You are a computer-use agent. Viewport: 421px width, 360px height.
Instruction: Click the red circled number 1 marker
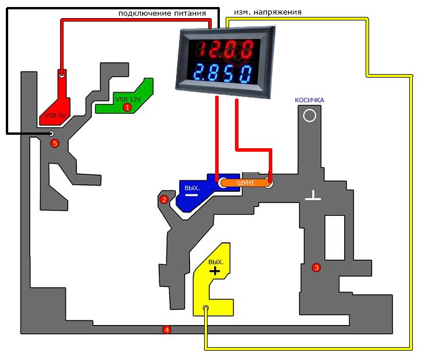click(127, 107)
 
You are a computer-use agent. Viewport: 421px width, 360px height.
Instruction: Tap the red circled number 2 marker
click(164, 200)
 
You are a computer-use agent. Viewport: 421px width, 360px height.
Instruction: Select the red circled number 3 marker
click(316, 267)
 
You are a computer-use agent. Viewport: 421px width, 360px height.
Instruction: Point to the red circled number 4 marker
click(167, 330)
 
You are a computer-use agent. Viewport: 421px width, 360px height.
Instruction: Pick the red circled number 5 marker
click(55, 143)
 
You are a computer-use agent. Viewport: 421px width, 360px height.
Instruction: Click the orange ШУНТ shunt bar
click(245, 183)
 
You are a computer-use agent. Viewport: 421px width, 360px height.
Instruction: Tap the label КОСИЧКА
click(309, 100)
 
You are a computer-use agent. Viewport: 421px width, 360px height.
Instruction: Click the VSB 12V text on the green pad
click(128, 99)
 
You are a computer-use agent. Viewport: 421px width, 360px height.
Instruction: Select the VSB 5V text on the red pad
click(55, 116)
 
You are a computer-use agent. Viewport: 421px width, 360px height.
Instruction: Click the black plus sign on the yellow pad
click(215, 271)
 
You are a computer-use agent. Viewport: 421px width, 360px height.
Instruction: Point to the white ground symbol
click(313, 195)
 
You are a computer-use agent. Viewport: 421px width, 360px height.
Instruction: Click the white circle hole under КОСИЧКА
click(310, 116)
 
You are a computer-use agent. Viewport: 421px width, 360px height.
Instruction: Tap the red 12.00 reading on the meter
click(226, 50)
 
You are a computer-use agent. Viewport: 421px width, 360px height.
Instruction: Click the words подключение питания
click(162, 13)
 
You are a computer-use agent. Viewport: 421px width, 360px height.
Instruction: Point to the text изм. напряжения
click(268, 12)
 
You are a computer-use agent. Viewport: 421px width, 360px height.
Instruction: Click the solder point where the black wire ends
click(51, 134)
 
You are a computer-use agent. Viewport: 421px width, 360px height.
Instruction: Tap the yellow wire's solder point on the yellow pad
click(206, 308)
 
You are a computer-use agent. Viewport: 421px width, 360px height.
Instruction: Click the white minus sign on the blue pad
click(192, 195)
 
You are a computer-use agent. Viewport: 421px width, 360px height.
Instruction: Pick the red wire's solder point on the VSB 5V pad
click(62, 75)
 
